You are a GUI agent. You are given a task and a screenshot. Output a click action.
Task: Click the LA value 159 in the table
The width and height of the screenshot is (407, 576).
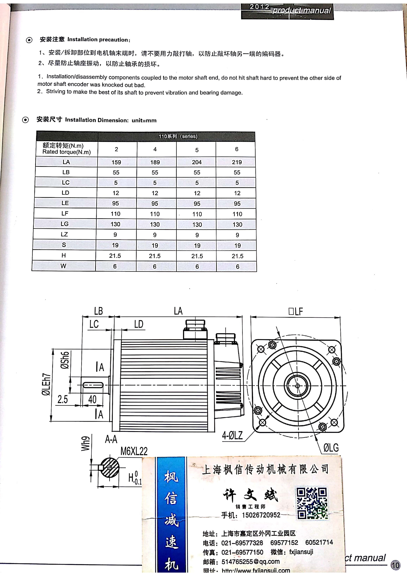coord(116,162)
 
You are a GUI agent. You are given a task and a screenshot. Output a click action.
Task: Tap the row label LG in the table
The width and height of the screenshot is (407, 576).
coord(65,224)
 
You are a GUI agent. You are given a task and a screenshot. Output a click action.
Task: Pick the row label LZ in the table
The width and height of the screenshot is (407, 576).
coord(64,234)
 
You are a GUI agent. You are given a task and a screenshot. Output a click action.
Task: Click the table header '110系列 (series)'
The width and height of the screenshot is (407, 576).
coord(178,136)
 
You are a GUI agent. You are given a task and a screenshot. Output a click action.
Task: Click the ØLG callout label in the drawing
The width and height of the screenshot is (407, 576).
coord(331,448)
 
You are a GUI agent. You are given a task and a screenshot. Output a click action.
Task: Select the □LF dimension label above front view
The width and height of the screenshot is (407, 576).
coord(296,311)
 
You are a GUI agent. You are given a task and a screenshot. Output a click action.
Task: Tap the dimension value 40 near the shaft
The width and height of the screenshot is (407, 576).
coord(92,399)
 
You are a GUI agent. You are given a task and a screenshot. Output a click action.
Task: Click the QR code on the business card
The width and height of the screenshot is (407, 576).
coord(312,503)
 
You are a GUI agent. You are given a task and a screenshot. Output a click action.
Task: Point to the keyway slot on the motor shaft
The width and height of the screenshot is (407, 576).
coord(93,385)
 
